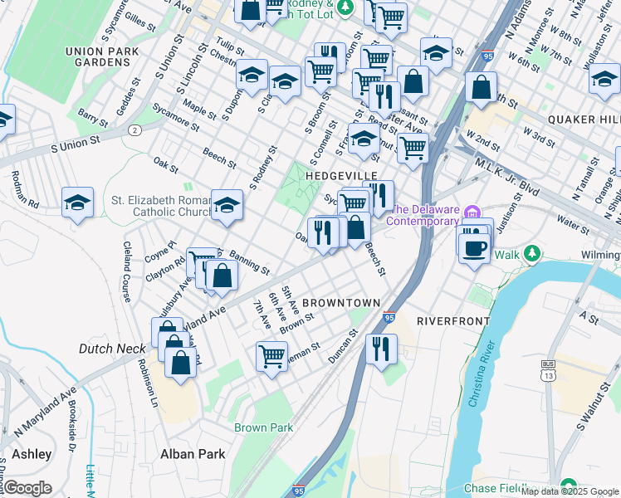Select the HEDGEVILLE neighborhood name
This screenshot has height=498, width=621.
341,176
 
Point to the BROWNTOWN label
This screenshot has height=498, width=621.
341,303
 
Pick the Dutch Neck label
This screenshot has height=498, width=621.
111,349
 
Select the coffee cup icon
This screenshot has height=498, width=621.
474,248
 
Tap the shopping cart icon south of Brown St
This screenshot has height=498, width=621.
271,356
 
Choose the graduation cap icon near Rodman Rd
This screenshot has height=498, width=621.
77,202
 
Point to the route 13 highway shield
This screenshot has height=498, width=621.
547,374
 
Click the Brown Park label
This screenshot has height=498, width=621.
264,428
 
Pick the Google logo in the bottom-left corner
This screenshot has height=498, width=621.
28,488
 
